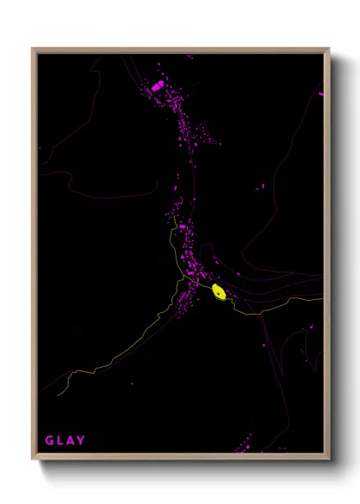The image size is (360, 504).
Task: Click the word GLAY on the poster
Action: point(65,441)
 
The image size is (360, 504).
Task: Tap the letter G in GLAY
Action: point(50,441)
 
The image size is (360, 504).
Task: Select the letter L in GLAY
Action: point(60,441)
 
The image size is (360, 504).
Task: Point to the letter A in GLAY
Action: point(70,441)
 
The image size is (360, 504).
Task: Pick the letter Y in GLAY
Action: point(81,441)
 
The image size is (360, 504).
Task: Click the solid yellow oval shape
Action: point(219,292)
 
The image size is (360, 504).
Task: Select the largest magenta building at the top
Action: point(157,87)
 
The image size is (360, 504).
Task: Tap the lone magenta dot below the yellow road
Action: point(131,383)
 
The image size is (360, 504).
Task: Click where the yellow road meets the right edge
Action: point(322,299)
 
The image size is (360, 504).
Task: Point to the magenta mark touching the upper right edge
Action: point(321,93)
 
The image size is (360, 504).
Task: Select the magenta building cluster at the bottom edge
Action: point(243,447)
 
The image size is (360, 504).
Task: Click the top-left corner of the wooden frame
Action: point(33,49)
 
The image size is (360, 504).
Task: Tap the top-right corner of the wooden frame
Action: point(330,49)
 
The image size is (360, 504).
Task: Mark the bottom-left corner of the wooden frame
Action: point(33,461)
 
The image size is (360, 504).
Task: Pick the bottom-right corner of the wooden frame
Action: point(330,461)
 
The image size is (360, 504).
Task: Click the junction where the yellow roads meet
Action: point(183,279)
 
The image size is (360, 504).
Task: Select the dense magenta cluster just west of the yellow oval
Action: point(185,297)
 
